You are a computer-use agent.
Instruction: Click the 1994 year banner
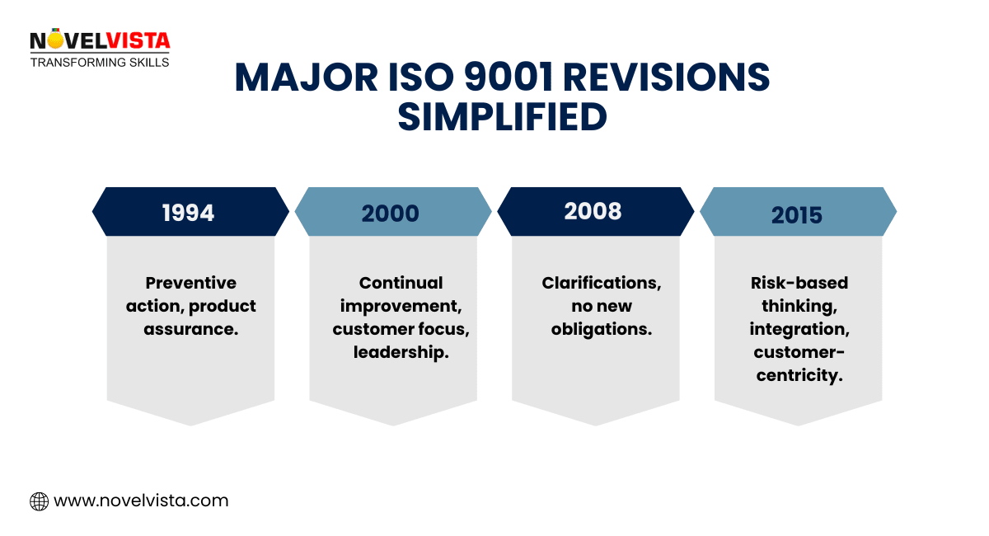click(190, 212)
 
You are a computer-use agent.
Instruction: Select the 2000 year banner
click(392, 212)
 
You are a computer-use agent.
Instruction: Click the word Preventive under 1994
click(190, 283)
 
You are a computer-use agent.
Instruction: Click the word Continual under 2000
click(401, 283)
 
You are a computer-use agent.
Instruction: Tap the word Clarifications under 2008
click(602, 283)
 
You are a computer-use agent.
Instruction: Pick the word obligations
click(602, 329)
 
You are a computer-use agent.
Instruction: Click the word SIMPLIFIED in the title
click(502, 117)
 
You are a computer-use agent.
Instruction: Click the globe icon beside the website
click(39, 501)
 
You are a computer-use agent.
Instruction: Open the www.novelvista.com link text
click(140, 501)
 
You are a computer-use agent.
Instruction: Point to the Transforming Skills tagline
click(100, 62)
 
